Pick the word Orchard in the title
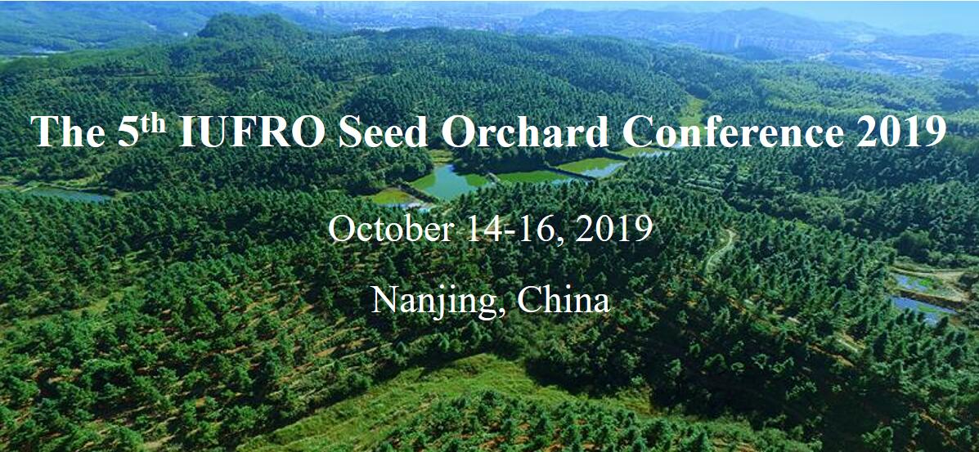coord(524,131)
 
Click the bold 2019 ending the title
coord(901,131)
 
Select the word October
coord(389,229)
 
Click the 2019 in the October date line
coord(613,229)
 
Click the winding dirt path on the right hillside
coord(720,251)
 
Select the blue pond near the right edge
coord(923,307)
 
